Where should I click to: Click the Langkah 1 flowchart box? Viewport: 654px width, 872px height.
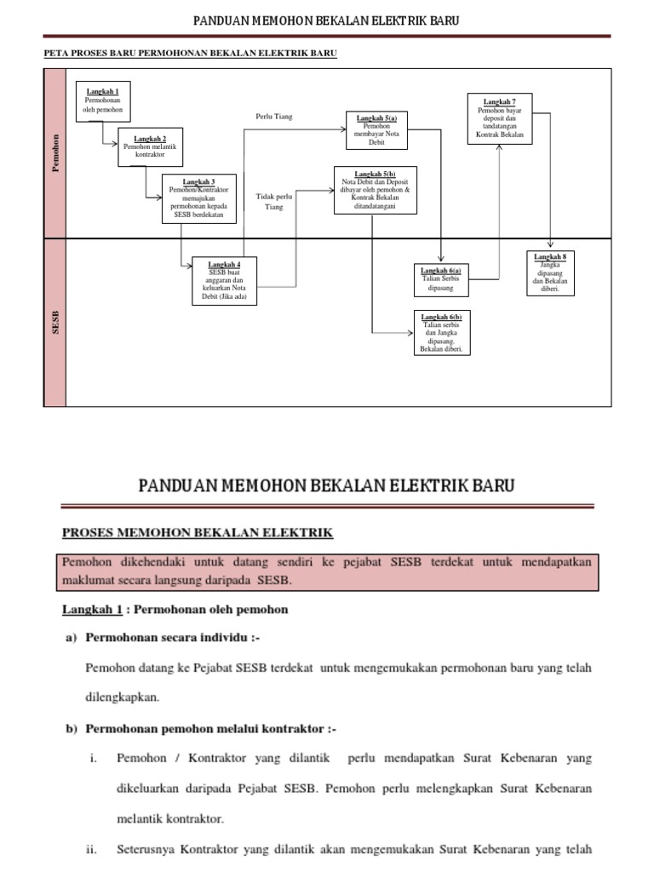click(104, 102)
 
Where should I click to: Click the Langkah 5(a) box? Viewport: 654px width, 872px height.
click(376, 129)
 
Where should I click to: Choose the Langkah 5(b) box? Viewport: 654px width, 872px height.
click(376, 189)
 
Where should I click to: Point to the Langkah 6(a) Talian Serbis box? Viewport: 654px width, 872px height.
click(441, 278)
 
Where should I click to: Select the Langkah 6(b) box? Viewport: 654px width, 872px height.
click(441, 332)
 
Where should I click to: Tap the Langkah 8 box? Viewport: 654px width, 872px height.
click(550, 272)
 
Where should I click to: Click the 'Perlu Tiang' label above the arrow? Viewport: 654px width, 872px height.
click(274, 117)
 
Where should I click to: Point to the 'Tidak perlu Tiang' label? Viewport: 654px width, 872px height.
click(274, 202)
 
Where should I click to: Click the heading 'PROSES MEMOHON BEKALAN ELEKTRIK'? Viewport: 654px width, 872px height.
click(198, 533)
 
